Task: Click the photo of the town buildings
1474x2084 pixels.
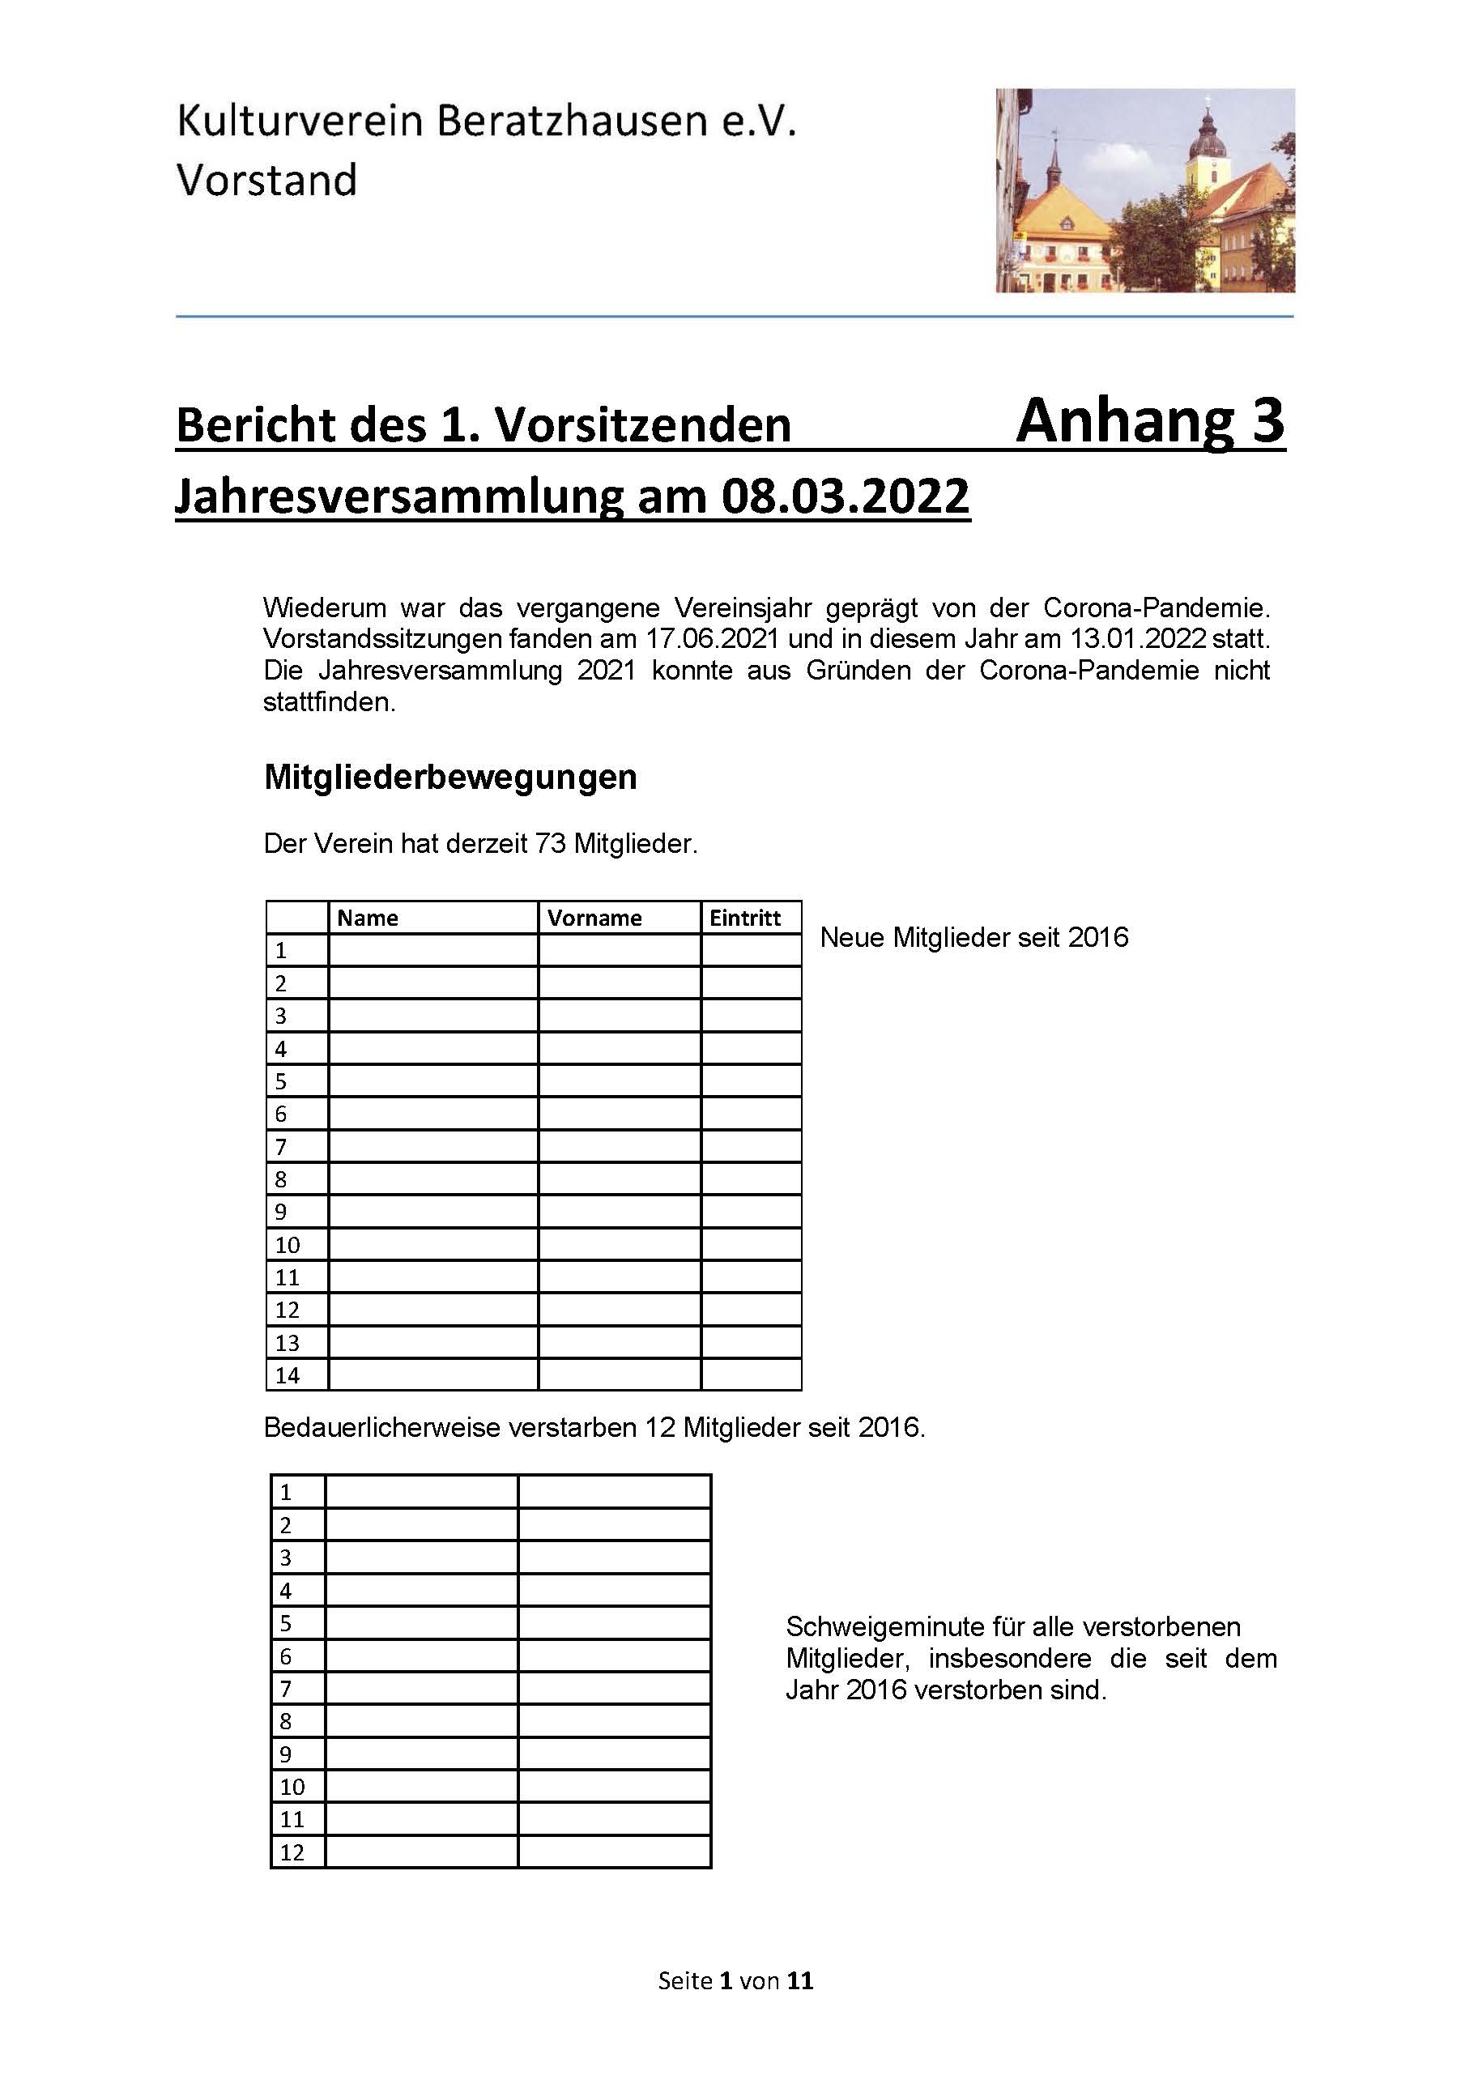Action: (1144, 190)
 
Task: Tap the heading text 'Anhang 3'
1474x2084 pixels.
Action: (1150, 421)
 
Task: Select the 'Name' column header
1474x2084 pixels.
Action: (368, 918)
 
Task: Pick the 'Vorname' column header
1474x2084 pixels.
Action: (594, 918)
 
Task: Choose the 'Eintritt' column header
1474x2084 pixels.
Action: (745, 918)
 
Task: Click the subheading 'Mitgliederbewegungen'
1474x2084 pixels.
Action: (450, 777)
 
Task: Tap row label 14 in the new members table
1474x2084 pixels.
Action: (288, 1375)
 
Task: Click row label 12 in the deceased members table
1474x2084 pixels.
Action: (292, 1852)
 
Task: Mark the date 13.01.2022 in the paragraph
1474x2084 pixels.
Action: (1138, 639)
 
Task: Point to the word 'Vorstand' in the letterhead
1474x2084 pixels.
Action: (266, 181)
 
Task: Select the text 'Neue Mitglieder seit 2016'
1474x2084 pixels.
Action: (973, 938)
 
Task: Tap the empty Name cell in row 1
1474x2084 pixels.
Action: (433, 950)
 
